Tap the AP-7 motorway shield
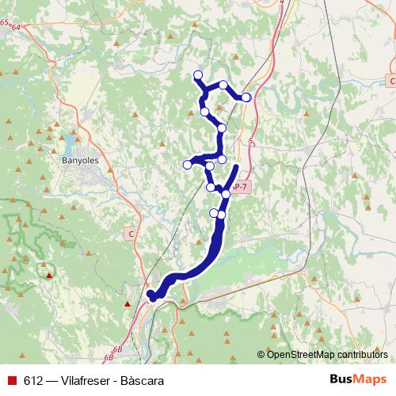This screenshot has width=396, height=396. click(241, 186)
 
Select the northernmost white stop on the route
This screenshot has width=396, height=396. click(197, 76)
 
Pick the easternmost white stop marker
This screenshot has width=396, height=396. click(246, 97)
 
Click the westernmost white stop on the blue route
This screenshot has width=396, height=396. click(188, 165)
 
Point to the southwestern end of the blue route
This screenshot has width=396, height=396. click(151, 296)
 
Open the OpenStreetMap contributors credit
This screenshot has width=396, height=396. click(326, 354)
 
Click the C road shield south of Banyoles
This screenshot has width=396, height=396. click(131, 234)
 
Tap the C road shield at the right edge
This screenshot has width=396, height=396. click(391, 81)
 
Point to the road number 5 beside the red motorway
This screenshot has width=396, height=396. click(249, 142)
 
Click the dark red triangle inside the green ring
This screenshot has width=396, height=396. click(49, 275)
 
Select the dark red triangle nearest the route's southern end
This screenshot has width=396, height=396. click(128, 303)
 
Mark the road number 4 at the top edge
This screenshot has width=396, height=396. click(282, 2)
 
